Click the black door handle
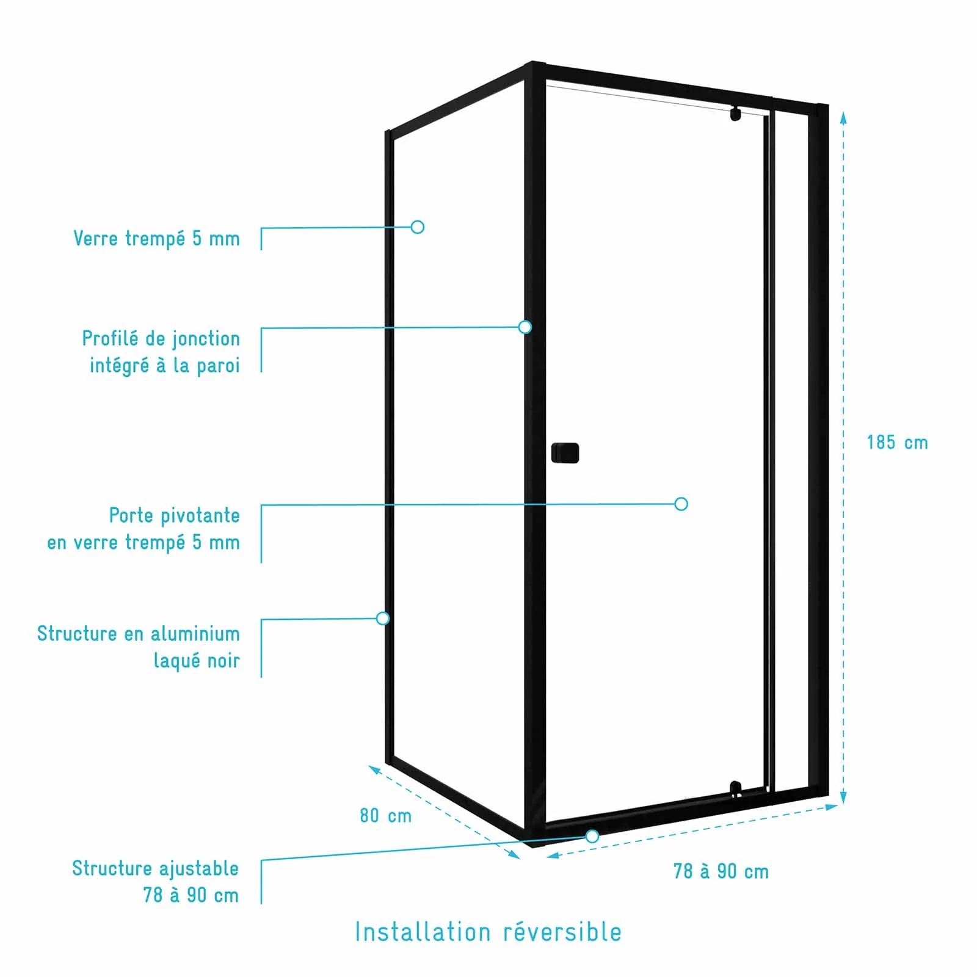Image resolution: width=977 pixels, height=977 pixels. point(565,452)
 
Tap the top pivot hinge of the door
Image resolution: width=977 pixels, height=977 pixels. point(736,114)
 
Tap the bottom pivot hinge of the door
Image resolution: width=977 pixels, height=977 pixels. point(736,789)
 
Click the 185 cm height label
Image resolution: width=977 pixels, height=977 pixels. point(897,443)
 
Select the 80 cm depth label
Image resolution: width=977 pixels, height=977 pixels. point(385,816)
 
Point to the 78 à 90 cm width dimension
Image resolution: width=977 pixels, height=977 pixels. point(721,871)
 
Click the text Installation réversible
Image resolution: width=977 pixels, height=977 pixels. point(488,932)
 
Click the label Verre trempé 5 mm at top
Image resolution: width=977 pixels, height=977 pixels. point(156,238)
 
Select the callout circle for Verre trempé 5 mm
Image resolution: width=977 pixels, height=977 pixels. point(418,227)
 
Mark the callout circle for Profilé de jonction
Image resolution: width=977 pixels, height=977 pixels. point(525,327)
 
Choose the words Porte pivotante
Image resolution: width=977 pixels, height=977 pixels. point(174,515)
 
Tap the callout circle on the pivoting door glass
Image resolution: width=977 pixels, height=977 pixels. point(681,504)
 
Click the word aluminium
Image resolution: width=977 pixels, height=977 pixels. point(195,634)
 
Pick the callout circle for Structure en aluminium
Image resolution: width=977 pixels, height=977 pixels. point(383,619)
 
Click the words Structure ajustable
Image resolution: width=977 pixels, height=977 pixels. point(155,868)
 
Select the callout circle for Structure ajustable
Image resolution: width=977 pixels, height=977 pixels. point(592,837)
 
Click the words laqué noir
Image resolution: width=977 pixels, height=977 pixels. point(196,661)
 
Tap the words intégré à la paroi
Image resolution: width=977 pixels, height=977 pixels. point(164,366)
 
